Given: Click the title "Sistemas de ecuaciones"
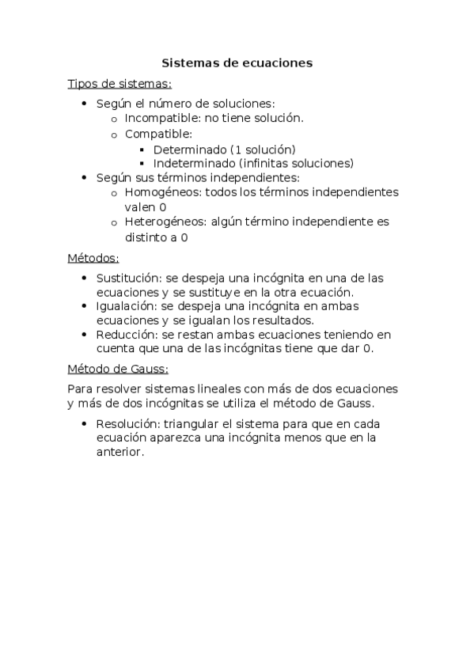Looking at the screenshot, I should tap(237, 63).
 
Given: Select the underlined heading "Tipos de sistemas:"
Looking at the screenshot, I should tap(119, 84).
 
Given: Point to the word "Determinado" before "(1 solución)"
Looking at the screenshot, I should tap(188, 149).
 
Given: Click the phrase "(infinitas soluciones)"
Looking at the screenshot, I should tap(295, 163).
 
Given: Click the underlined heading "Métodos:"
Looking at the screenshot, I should tap(93, 258).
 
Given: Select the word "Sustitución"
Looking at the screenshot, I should tap(128, 278).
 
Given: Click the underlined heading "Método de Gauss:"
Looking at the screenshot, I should tap(118, 369).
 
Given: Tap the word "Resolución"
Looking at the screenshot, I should tap(127, 423).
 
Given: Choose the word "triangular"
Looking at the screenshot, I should tap(189, 423).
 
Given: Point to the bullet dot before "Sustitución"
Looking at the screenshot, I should tap(85, 278).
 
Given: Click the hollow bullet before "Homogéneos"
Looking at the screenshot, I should tap(114, 193).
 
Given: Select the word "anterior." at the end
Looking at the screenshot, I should tap(121, 452).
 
